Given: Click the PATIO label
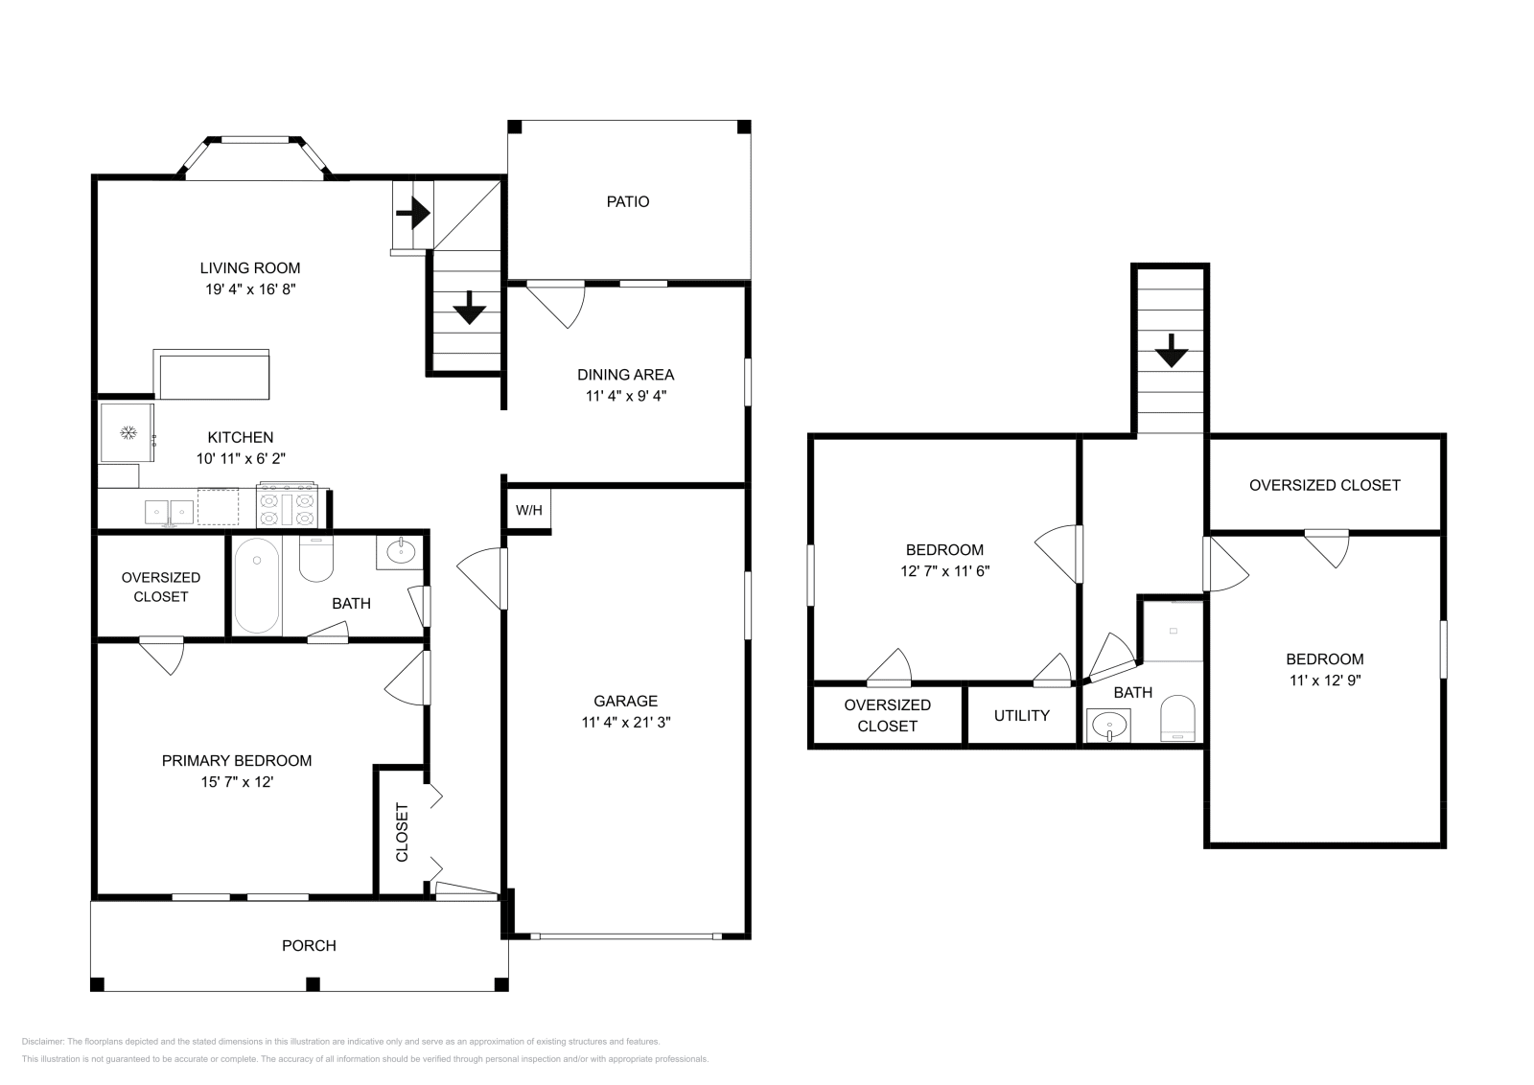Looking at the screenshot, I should click(627, 201).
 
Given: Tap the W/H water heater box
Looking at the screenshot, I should click(528, 510).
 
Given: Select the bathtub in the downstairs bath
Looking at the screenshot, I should click(256, 585).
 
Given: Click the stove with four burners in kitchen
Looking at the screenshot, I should click(287, 505).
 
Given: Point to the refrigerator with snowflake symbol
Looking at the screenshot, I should click(127, 433).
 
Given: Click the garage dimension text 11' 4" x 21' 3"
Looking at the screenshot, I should click(625, 723).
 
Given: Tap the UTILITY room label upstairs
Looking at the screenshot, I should click(1021, 715).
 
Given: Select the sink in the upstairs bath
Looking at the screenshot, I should click(1108, 724).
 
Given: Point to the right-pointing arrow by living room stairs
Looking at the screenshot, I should click(413, 212).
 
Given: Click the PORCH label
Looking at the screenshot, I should click(309, 945).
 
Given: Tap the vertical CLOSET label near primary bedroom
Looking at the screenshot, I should click(402, 831).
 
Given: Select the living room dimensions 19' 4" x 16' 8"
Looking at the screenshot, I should click(249, 289).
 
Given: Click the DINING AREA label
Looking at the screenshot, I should click(625, 375).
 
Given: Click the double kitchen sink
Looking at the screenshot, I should click(170, 512).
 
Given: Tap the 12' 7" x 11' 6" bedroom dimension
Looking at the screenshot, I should click(944, 570).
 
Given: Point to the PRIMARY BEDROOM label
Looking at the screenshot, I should click(236, 760).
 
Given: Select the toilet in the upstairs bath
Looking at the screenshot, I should click(1178, 719).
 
